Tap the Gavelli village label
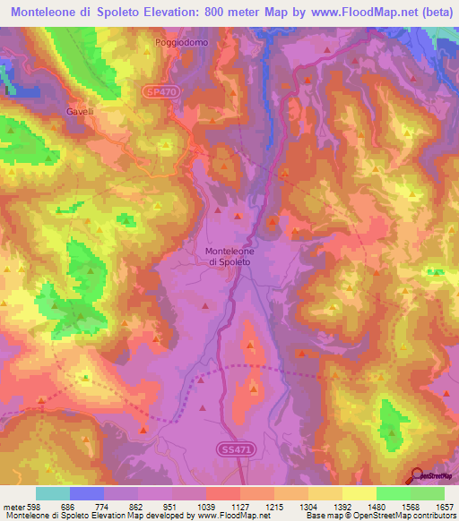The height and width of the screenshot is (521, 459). [80, 112]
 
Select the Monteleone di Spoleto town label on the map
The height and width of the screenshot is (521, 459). [229, 257]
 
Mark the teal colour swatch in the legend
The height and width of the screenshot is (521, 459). [53, 493]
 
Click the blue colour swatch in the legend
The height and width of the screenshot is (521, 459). [87, 493]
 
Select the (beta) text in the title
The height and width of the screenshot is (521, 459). [431, 13]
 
